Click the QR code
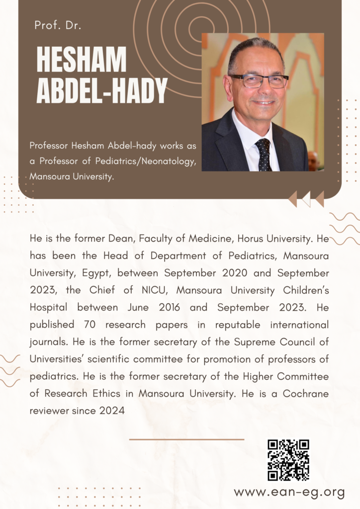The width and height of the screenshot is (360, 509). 288,460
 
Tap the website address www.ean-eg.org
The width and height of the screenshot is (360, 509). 289,492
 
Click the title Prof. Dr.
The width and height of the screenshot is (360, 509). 58,25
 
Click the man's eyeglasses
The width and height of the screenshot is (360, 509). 259,81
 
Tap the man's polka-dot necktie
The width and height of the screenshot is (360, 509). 263,154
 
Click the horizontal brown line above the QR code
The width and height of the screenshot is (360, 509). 186,439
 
